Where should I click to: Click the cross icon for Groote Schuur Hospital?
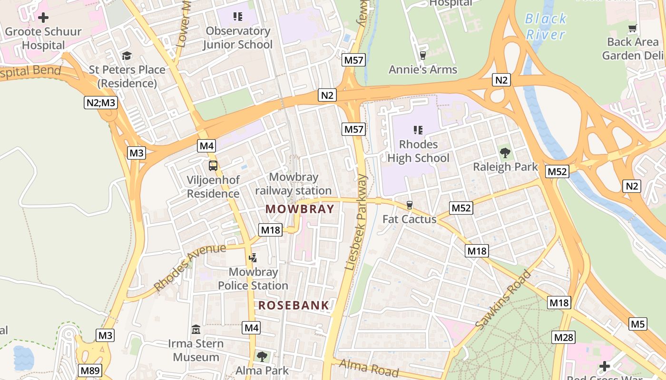[x=43, y=18]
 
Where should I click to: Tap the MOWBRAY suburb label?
[x=300, y=209]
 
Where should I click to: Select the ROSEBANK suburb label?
[x=294, y=305]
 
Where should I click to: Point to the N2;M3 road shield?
[x=101, y=103]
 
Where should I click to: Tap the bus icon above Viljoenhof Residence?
[x=213, y=166]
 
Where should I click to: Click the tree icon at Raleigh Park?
[x=505, y=153]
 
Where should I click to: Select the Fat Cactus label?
[x=409, y=219]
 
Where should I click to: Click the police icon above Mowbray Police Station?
[x=253, y=258]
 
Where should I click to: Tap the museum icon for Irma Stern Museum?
[x=196, y=329]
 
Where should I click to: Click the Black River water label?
[x=546, y=27]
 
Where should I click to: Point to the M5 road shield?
[x=638, y=324]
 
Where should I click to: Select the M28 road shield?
[x=564, y=338]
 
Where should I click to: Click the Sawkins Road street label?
[x=503, y=300]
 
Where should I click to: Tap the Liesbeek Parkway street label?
[x=356, y=222]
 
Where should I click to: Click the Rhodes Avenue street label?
[x=190, y=267]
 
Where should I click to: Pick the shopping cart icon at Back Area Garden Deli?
[x=632, y=28]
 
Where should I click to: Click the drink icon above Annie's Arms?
[x=422, y=56]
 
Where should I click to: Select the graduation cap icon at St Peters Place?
[x=127, y=56]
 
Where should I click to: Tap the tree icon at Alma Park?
[x=262, y=356]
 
